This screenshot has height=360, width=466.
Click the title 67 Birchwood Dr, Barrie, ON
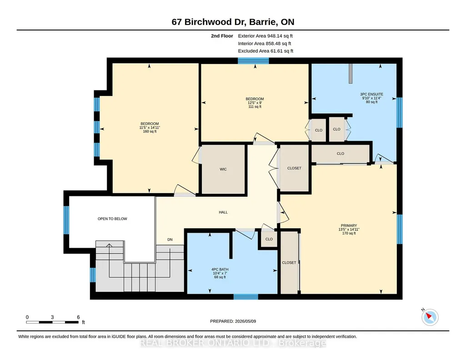point(233,22)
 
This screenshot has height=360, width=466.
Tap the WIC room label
point(223,169)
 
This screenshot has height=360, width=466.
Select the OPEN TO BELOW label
point(112,219)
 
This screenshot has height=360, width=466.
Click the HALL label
point(223,212)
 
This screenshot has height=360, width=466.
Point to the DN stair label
point(170,240)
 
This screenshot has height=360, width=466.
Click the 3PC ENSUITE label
point(371,94)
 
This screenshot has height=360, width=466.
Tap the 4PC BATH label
point(220,270)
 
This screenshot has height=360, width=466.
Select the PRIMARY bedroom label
point(349,226)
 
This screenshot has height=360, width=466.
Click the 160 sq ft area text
point(150,131)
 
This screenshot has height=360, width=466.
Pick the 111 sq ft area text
point(255,107)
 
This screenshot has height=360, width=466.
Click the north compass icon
point(430,317)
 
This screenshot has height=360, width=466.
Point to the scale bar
point(52,322)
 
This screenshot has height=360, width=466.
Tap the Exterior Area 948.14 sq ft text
point(266,36)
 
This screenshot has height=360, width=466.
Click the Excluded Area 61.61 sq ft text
point(266,51)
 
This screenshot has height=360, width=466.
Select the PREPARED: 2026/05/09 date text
point(233,321)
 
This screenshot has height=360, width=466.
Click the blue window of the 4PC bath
point(246,296)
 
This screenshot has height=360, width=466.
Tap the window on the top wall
point(253,61)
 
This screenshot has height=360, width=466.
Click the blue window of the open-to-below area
point(66,220)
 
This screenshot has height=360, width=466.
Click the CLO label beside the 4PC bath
point(269,239)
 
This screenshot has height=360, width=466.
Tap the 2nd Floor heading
point(222,36)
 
